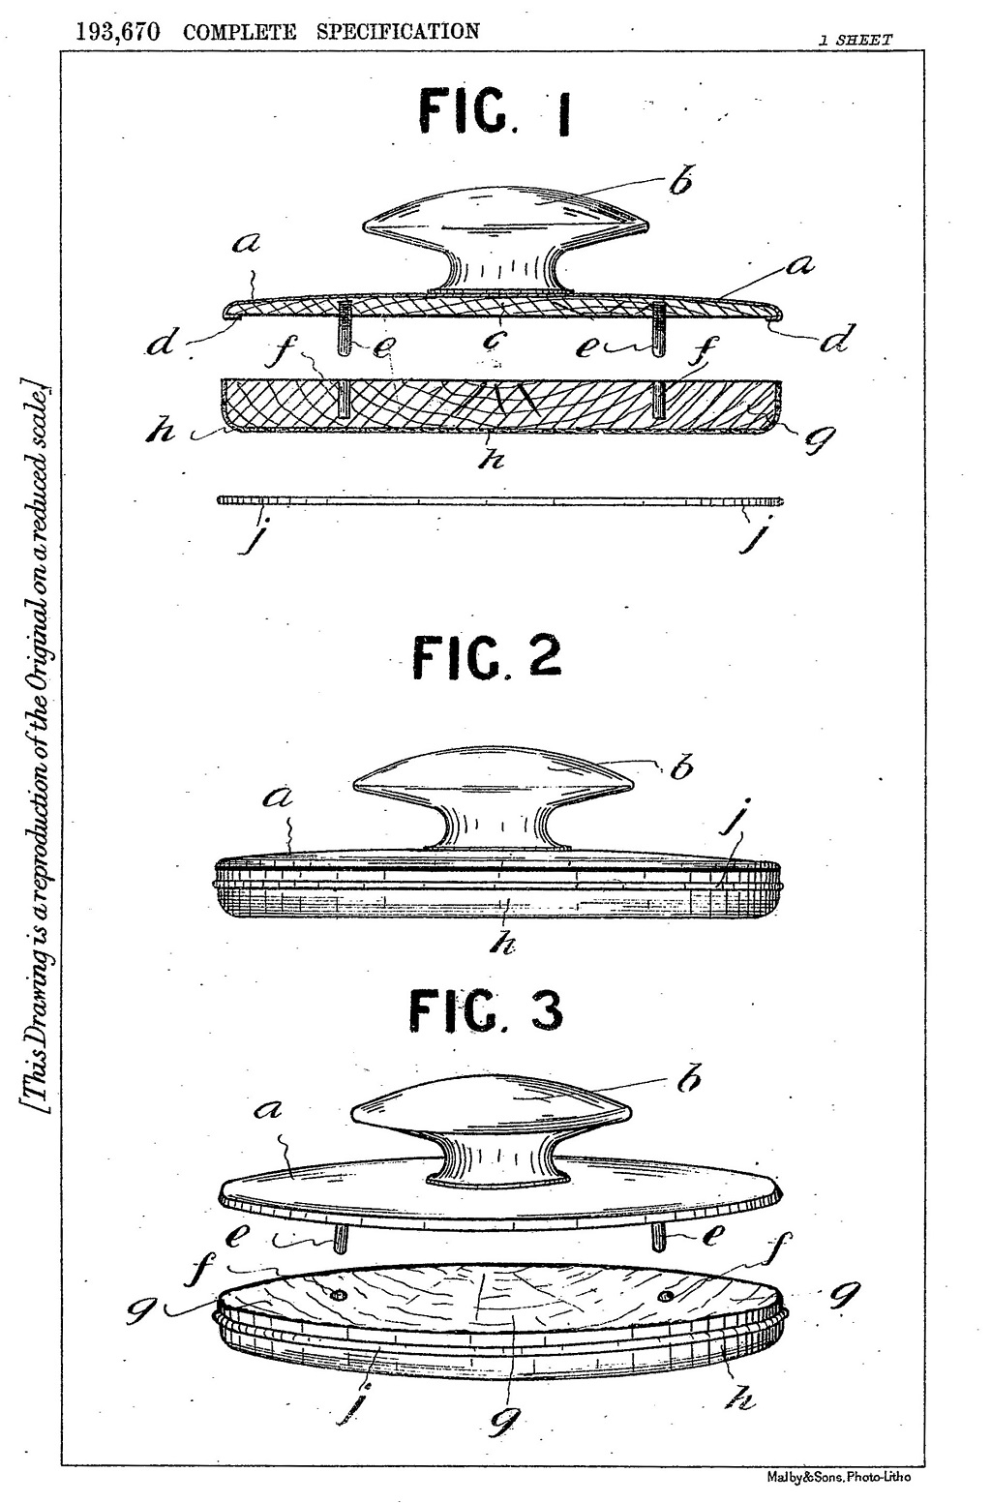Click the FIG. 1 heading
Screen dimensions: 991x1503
point(494,112)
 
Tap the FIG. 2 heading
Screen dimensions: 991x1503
point(487,657)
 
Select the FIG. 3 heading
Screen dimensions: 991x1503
point(486,1012)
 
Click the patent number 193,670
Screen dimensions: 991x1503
point(118,32)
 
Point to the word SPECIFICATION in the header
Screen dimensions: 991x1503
point(398,31)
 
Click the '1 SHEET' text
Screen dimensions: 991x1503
point(855,41)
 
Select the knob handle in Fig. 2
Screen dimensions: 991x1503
point(494,798)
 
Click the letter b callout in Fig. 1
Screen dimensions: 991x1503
point(680,181)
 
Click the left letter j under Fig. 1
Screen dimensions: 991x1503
point(253,537)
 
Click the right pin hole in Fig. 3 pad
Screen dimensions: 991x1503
point(666,1294)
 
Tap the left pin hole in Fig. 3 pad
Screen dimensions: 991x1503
point(338,1294)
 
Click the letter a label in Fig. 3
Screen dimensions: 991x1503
point(268,1110)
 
